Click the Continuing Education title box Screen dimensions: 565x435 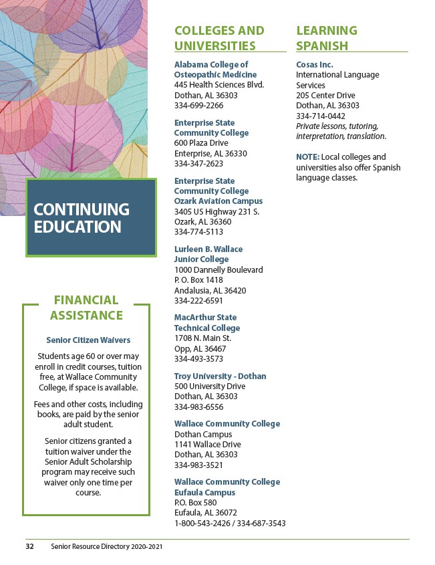[x=90, y=217]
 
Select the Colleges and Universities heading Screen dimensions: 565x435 [x=219, y=38]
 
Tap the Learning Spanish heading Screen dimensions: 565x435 [x=327, y=38]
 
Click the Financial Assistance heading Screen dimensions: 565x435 [x=86, y=308]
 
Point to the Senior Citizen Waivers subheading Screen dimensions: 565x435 [x=88, y=340]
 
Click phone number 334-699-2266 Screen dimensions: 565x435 [x=198, y=106]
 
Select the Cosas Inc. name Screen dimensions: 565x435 [x=314, y=65]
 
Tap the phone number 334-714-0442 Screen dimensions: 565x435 [x=321, y=116]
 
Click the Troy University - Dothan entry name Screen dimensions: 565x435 [x=220, y=376]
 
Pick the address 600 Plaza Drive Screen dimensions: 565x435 [x=201, y=143]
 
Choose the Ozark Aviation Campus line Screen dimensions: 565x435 [x=219, y=201]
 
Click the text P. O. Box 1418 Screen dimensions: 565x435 [x=198, y=280]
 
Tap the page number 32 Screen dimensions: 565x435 [x=29, y=546]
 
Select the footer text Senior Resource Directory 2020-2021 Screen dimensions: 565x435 [x=106, y=546]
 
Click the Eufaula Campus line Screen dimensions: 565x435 [x=204, y=493]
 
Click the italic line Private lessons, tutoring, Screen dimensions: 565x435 [x=337, y=126]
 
